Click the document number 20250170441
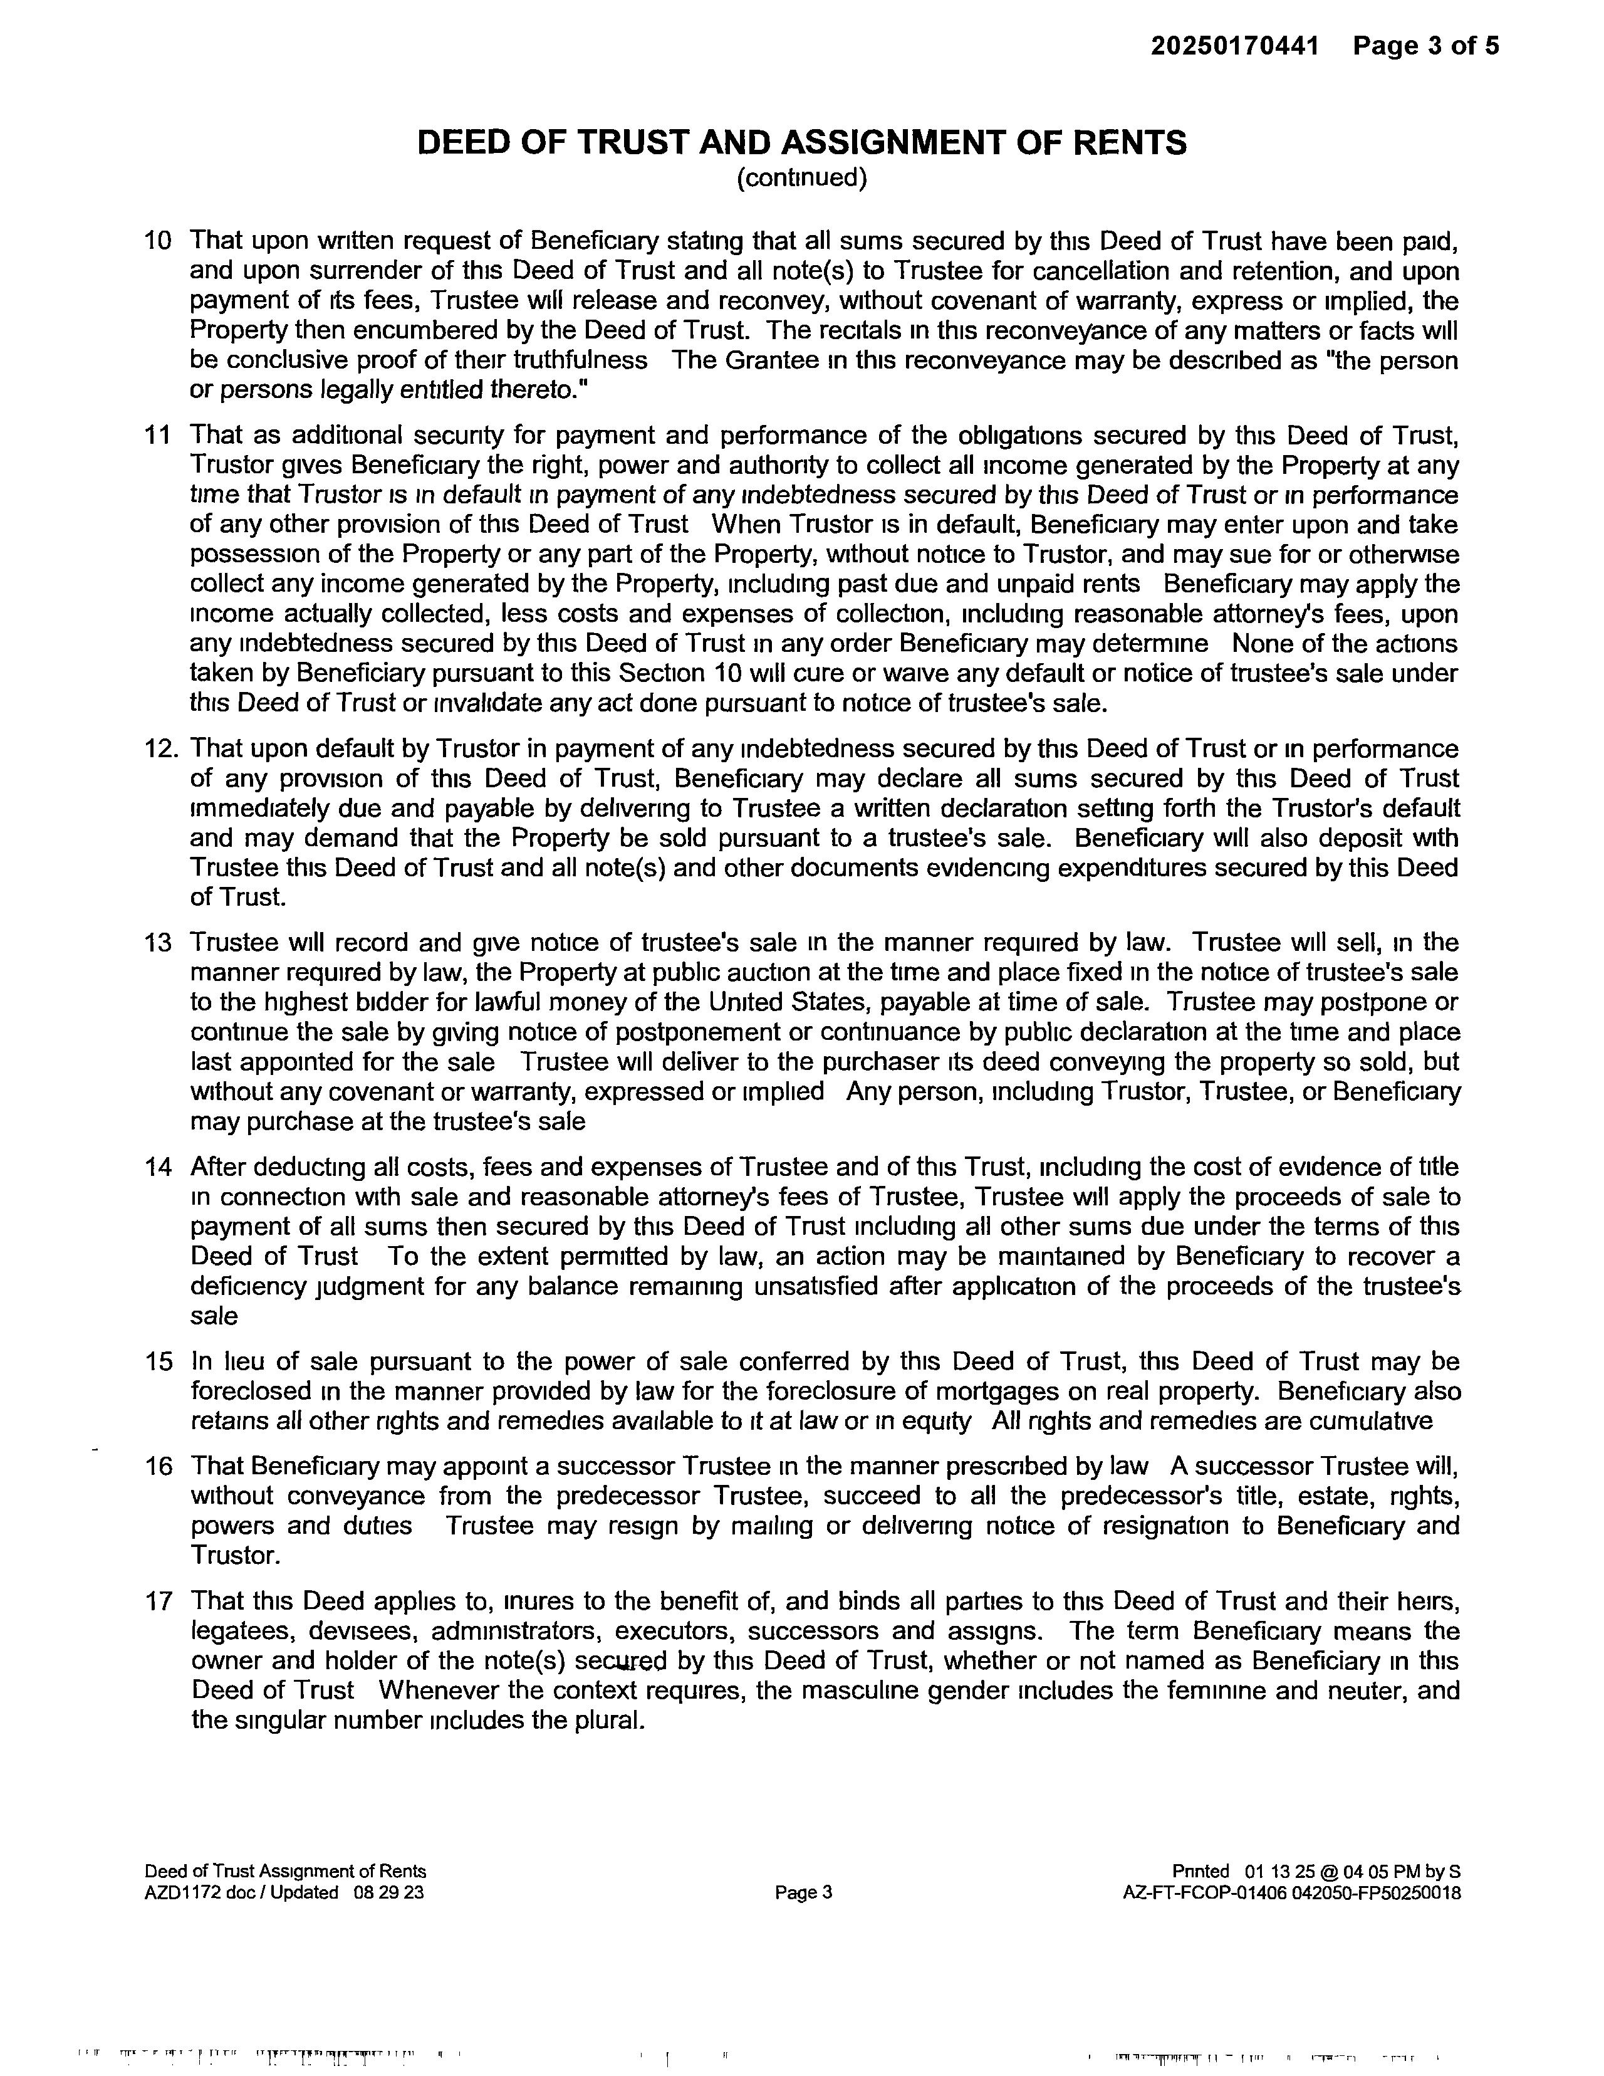coord(1234,46)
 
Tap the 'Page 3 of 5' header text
coord(1425,46)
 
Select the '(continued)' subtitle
coord(802,178)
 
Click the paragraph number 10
coord(158,241)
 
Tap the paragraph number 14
coord(158,1166)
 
